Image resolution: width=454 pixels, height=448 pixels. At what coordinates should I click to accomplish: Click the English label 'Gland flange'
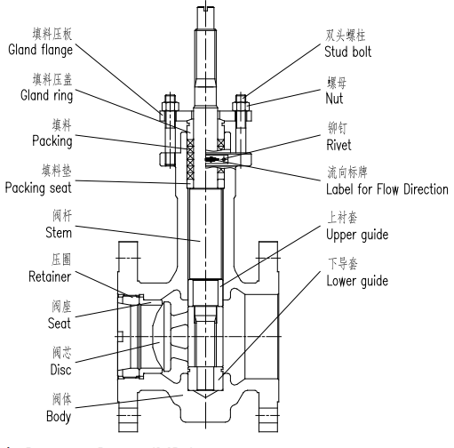(x=46, y=49)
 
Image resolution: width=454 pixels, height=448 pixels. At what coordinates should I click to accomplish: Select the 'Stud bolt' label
(x=352, y=49)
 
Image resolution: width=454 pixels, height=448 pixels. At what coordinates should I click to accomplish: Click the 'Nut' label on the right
(x=337, y=95)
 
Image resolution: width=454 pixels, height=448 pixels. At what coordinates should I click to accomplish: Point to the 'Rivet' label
(x=341, y=140)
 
